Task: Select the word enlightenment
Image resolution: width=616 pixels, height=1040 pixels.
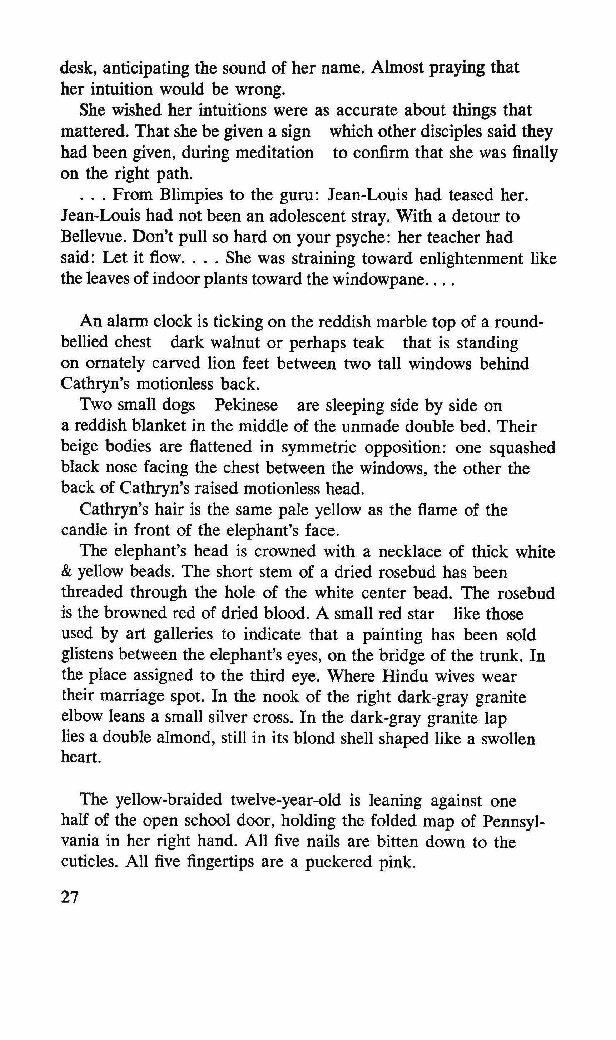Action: (x=473, y=259)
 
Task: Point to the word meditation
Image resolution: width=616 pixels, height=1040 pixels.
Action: (x=274, y=153)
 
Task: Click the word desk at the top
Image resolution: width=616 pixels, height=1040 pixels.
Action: (x=79, y=67)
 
